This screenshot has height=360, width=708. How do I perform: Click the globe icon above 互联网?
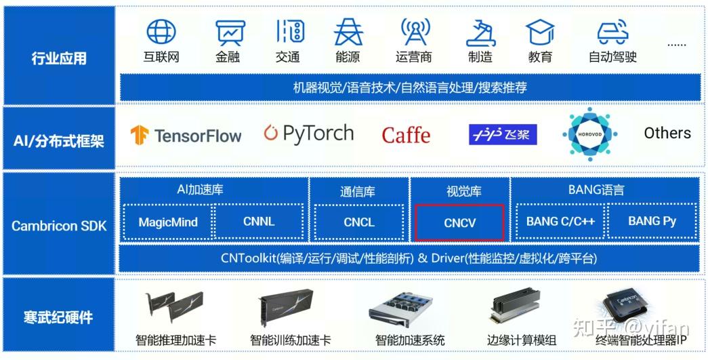tap(161, 32)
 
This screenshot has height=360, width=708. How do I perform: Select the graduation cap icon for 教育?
tap(540, 32)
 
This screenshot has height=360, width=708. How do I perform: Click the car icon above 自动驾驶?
tap(613, 32)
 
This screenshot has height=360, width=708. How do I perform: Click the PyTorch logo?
tap(309, 134)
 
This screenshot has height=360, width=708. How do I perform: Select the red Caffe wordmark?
tap(406, 135)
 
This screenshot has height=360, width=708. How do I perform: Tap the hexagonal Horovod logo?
tap(589, 134)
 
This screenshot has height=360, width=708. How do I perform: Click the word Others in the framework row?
tap(667, 134)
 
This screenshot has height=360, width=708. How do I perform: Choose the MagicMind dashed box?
tap(168, 222)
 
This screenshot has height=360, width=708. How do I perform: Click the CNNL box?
tap(259, 222)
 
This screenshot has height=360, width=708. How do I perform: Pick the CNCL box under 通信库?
tap(359, 222)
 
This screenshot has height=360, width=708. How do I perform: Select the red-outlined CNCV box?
tap(459, 222)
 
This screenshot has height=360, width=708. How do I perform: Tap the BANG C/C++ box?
tap(560, 222)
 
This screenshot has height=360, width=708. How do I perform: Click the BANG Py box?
tap(652, 222)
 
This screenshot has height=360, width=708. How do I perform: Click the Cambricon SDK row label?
tap(59, 226)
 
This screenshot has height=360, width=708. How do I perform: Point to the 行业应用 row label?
tap(59, 58)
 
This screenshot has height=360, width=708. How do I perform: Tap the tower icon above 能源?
tap(349, 32)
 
